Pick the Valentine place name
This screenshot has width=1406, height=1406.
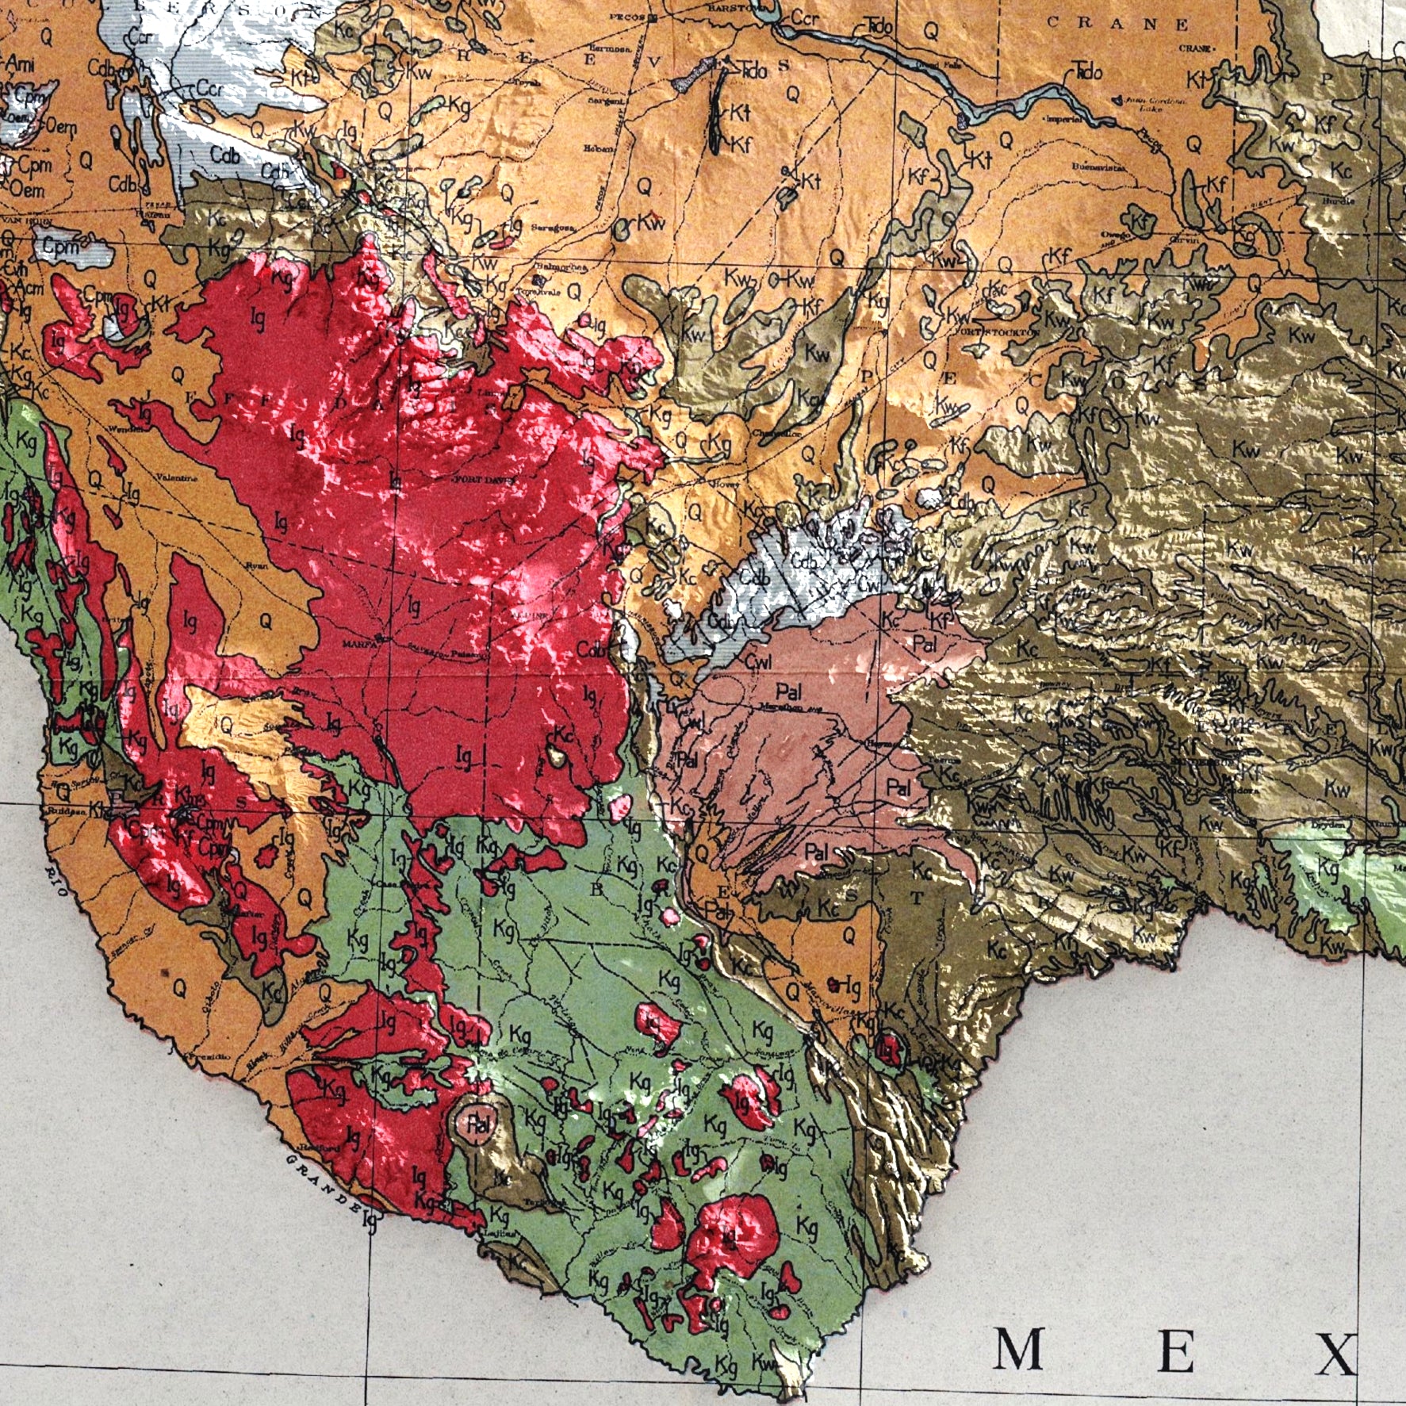pos(172,477)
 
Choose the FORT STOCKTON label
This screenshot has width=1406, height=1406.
pos(996,331)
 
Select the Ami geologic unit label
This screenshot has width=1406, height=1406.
pos(19,65)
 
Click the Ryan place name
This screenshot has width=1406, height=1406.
pos(255,565)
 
